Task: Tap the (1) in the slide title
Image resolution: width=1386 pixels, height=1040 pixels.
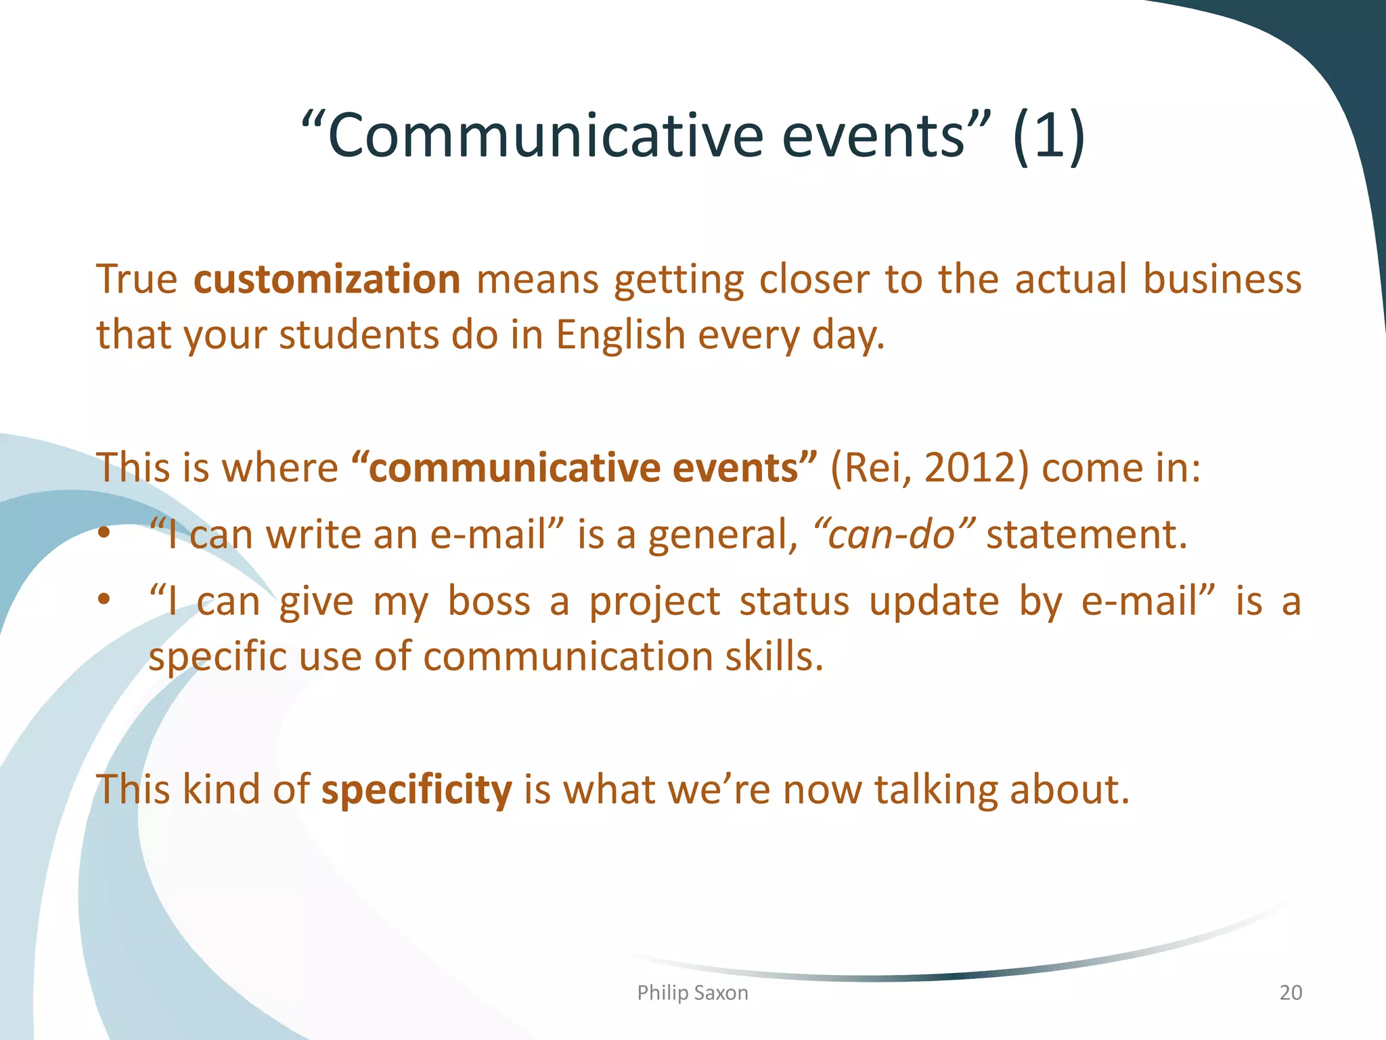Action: coord(1048,135)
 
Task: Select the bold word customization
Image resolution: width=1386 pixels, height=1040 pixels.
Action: coord(327,279)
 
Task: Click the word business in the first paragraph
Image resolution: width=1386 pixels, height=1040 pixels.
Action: coord(1222,279)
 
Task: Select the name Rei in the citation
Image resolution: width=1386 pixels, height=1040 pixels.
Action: coord(873,467)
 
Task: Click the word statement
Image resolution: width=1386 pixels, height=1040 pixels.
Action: coord(1086,534)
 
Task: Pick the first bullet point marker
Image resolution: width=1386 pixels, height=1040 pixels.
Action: coord(103,534)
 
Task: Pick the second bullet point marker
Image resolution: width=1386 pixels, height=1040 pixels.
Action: coord(103,600)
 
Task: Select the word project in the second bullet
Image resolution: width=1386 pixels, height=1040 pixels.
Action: coord(654,602)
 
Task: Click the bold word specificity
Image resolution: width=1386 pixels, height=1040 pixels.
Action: coord(416,789)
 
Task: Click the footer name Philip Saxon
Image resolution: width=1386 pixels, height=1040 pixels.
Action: coord(692,993)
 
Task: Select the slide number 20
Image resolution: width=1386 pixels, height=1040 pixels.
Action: coord(1290,993)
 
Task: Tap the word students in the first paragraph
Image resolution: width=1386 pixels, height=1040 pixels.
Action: coord(359,334)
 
